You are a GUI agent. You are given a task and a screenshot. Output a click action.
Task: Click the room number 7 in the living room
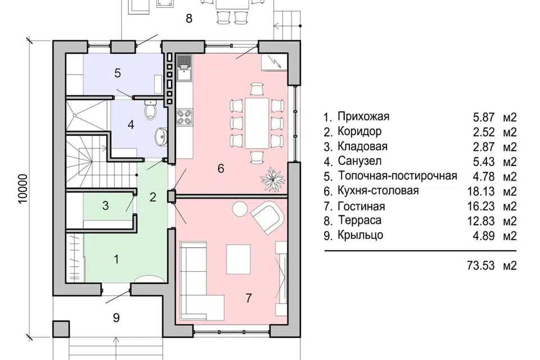[x=248, y=298]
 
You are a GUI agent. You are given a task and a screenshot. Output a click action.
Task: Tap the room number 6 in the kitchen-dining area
[x=220, y=168]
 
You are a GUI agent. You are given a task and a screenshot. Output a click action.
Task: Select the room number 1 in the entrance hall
[x=116, y=259]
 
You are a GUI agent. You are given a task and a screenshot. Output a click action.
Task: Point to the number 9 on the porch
[x=116, y=318]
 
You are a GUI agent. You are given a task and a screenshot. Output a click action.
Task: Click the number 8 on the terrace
[x=189, y=18]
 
